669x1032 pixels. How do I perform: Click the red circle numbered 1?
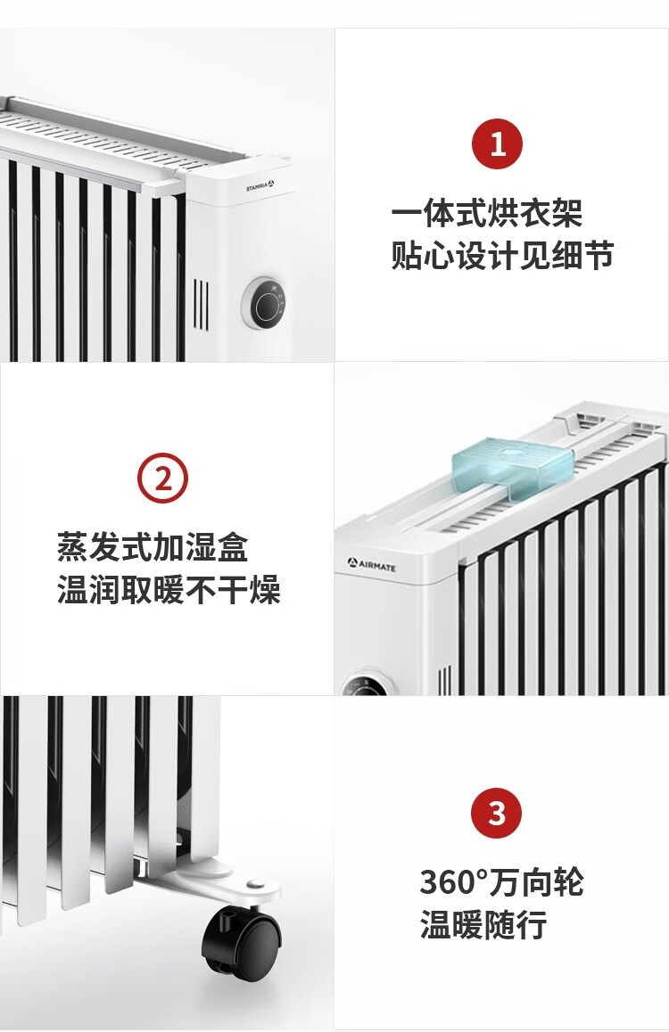coord(497,143)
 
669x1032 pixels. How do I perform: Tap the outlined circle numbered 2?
coord(162,478)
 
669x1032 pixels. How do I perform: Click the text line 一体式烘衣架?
coord(487,213)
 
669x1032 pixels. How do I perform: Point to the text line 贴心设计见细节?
coord(502,255)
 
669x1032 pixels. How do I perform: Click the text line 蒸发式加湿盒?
coord(153,547)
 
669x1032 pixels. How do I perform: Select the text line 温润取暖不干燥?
coord(169,589)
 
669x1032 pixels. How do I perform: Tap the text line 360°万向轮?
coord(501,882)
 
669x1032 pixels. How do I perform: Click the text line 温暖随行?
coord(484,924)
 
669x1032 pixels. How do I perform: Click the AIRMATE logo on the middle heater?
coord(372,564)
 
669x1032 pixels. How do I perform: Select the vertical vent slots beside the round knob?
coord(202,305)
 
